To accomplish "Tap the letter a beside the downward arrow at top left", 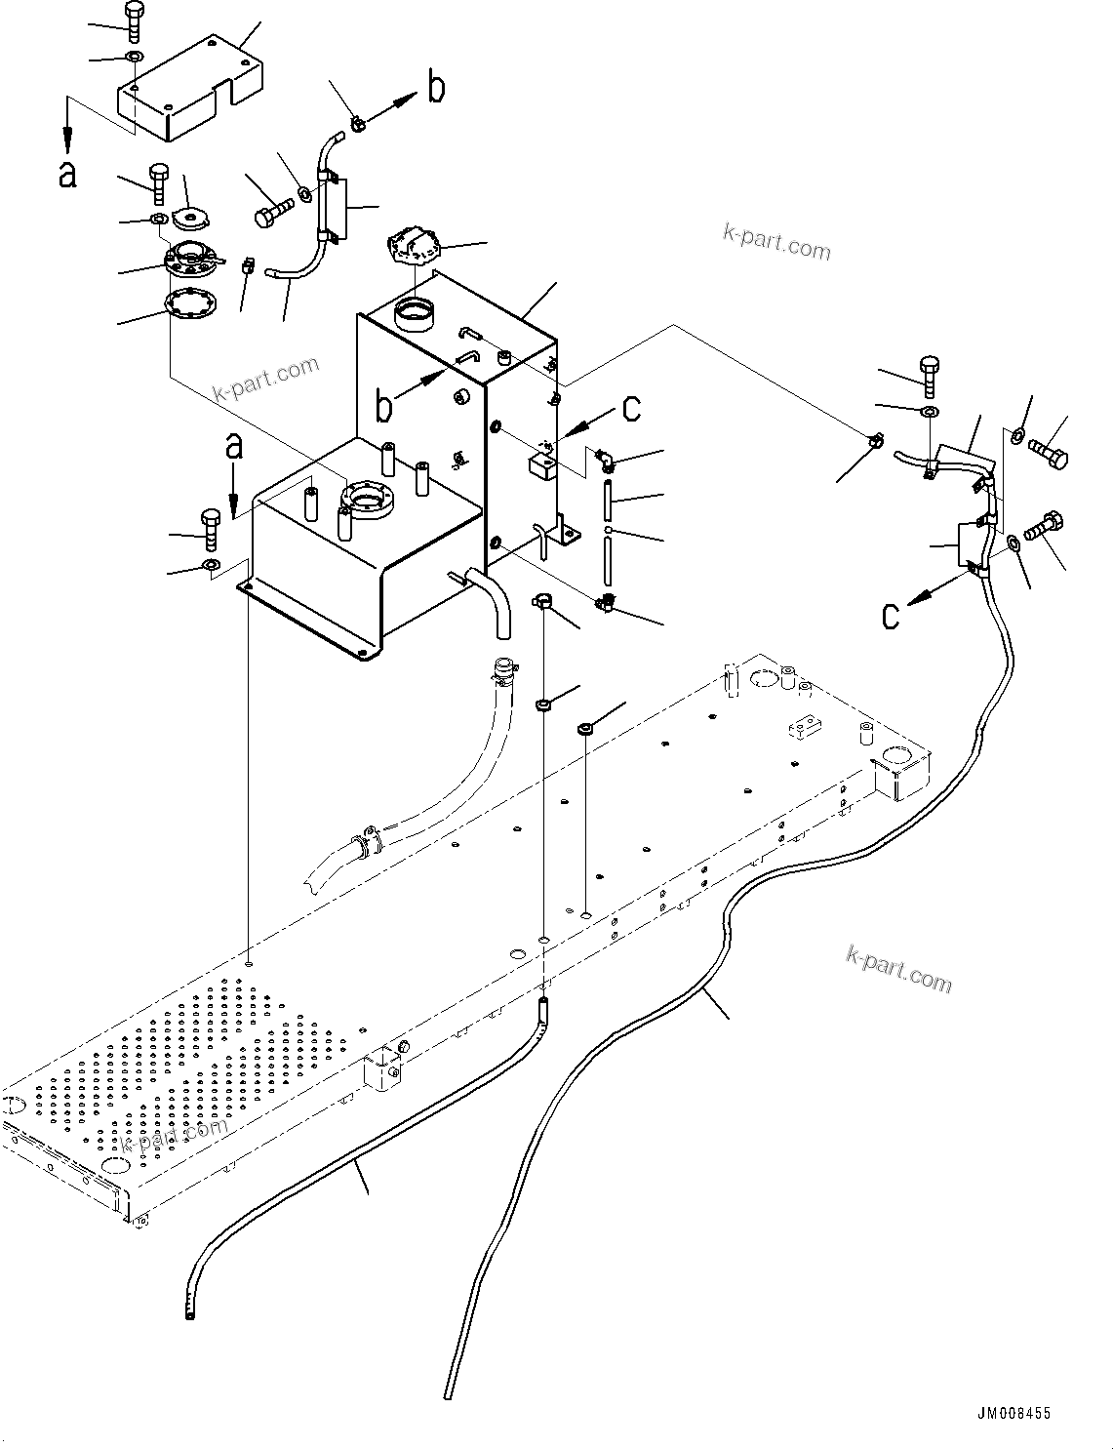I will tap(67, 175).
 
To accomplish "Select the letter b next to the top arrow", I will tap(436, 89).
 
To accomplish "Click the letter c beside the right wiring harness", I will tap(891, 616).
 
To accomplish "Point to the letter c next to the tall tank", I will tap(631, 408).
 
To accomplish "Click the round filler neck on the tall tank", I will tap(413, 315).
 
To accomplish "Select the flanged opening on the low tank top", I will tap(365, 502).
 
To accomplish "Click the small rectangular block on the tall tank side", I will tap(541, 463).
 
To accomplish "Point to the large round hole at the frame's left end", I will tap(13, 1106).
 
